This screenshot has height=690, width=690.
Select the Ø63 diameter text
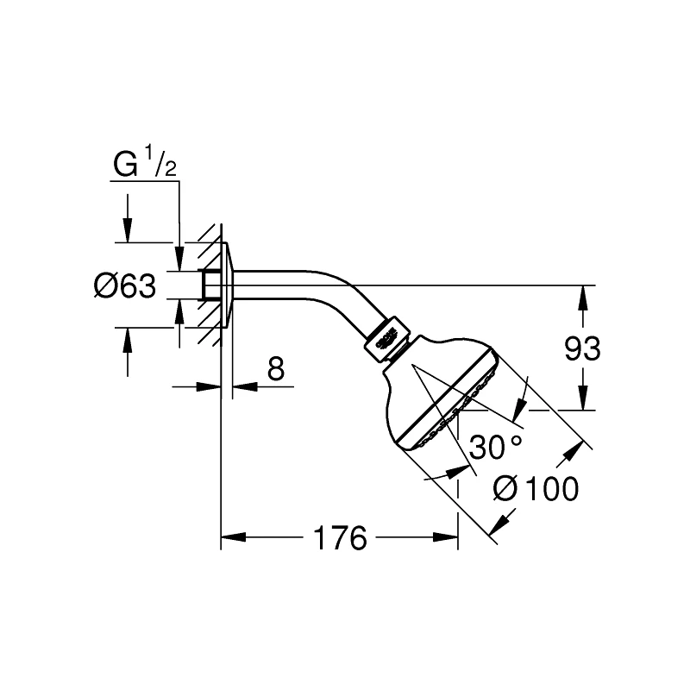(124, 285)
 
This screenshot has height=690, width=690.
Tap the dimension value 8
(275, 369)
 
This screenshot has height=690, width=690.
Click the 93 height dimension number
(582, 348)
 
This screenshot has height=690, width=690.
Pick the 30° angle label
(495, 447)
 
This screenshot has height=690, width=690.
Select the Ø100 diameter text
(536, 489)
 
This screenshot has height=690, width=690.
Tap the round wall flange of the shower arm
(228, 285)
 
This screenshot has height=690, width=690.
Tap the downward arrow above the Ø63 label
(128, 230)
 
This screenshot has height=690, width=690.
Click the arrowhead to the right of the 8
(244, 386)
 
